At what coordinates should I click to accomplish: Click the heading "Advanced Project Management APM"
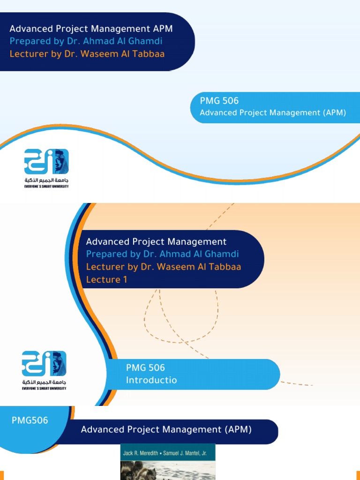pyautogui.click(x=91, y=29)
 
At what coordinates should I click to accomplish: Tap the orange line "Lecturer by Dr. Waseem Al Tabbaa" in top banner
pyautogui.click(x=87, y=53)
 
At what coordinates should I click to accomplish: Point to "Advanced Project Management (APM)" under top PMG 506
pyautogui.click(x=273, y=112)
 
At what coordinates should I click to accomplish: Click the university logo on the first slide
pyautogui.click(x=46, y=162)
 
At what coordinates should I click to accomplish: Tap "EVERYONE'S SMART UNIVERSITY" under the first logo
pyautogui.click(x=46, y=187)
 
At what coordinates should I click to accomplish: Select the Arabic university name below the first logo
pyautogui.click(x=46, y=180)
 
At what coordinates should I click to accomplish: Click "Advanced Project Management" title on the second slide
pyautogui.click(x=156, y=242)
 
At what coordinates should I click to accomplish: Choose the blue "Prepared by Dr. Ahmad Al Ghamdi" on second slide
pyautogui.click(x=163, y=254)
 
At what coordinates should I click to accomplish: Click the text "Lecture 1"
pyautogui.click(x=106, y=279)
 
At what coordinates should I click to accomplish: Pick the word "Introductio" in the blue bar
pyautogui.click(x=151, y=380)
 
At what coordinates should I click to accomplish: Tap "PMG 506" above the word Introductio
pyautogui.click(x=145, y=368)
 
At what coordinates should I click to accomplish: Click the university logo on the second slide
pyautogui.click(x=44, y=364)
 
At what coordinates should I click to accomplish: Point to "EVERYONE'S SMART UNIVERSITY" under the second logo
pyautogui.click(x=44, y=388)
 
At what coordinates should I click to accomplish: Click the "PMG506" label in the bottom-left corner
pyautogui.click(x=30, y=420)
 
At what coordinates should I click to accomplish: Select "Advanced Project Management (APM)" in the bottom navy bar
pyautogui.click(x=166, y=429)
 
